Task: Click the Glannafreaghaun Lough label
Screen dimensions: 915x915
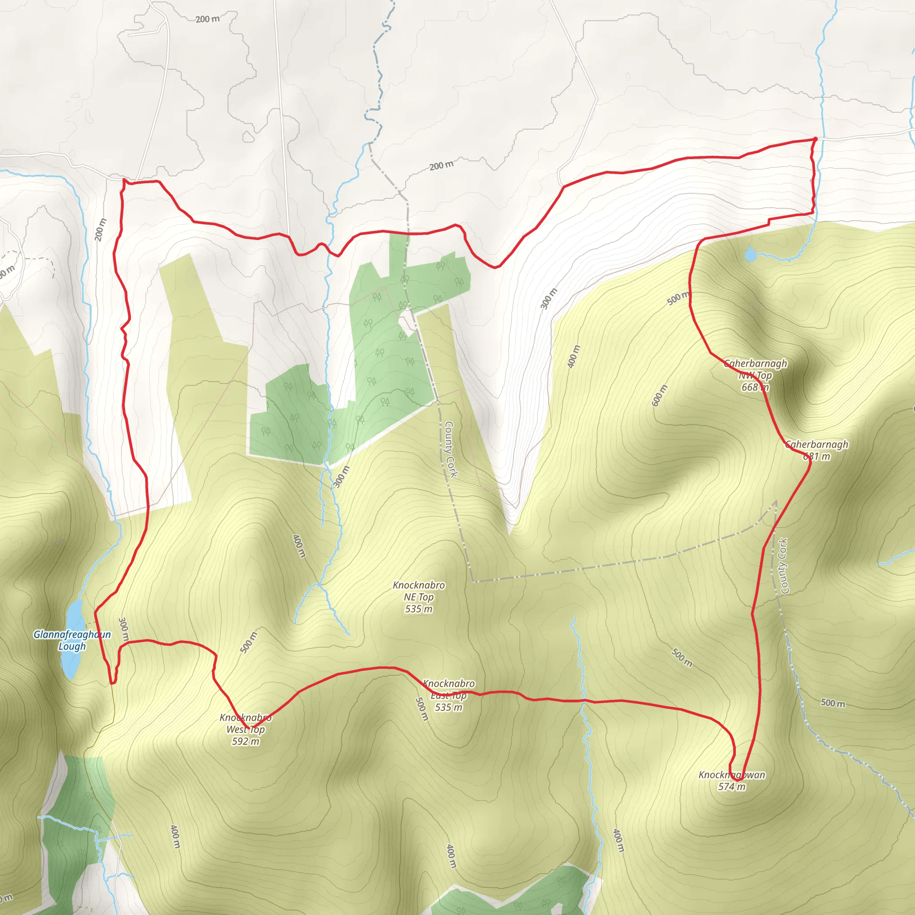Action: [72, 640]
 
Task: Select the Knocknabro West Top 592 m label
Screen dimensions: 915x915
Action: [245, 729]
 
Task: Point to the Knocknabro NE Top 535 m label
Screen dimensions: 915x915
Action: [419, 597]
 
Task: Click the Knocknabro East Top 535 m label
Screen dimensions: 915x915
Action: [449, 695]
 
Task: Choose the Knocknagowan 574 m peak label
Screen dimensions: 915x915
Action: [732, 781]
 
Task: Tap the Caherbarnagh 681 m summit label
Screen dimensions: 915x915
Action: [817, 450]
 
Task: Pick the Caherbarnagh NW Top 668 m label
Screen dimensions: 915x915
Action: [756, 376]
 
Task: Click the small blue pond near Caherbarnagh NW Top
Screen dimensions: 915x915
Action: [750, 255]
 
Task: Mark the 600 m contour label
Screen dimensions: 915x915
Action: [659, 395]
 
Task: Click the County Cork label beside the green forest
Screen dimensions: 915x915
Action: [450, 449]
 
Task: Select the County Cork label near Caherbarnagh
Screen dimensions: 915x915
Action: [783, 566]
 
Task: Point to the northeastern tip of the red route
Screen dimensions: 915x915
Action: [815, 139]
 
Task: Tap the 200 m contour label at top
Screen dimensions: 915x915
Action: [207, 19]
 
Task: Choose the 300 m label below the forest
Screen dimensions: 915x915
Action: [341, 476]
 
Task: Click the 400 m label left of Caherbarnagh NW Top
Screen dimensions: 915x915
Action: [574, 357]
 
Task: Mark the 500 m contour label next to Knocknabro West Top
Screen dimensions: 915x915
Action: [249, 642]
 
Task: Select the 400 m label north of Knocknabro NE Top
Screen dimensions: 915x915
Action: [298, 546]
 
